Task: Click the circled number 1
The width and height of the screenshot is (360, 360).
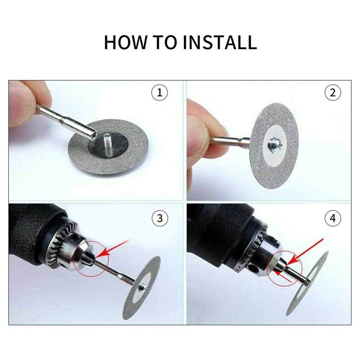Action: pyautogui.click(x=159, y=93)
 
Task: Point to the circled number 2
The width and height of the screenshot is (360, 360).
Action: pyautogui.click(x=333, y=93)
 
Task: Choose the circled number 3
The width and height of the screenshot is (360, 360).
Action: pyautogui.click(x=159, y=219)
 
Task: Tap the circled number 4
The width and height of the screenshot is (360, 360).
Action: pyautogui.click(x=333, y=219)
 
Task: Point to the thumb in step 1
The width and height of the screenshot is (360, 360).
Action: pyautogui.click(x=21, y=103)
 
